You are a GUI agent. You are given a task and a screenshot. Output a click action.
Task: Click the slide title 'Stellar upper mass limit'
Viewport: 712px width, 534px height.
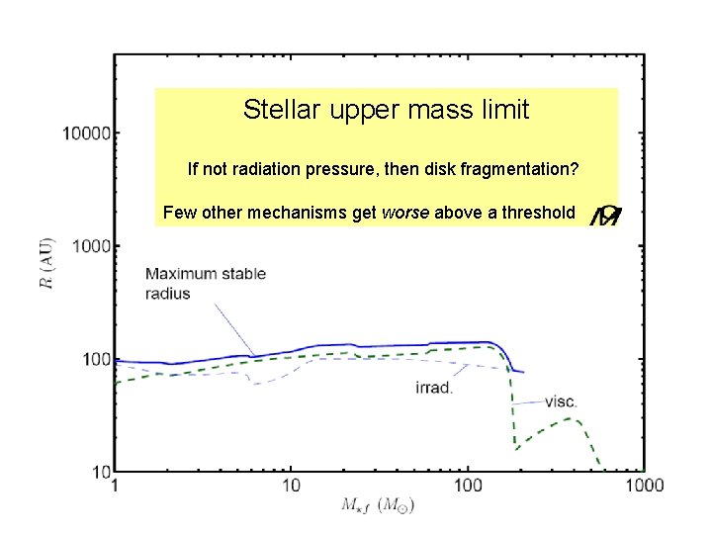point(386,110)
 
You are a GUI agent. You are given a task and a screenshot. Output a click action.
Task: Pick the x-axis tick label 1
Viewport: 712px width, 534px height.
point(116,486)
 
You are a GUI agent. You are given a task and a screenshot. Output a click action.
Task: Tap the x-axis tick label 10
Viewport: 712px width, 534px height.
point(291,486)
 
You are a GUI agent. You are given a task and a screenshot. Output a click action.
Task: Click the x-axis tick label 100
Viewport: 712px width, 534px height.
point(468,486)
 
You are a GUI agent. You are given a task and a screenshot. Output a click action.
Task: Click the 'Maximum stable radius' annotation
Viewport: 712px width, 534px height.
point(205,283)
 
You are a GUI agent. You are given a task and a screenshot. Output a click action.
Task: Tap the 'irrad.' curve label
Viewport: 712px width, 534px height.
point(434,387)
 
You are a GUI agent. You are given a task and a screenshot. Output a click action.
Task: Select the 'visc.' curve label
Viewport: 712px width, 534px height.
point(562,401)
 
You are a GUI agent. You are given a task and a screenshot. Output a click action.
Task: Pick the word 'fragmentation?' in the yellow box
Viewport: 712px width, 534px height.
point(526,170)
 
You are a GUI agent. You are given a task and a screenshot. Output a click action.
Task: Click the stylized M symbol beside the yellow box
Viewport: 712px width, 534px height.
point(605,214)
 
